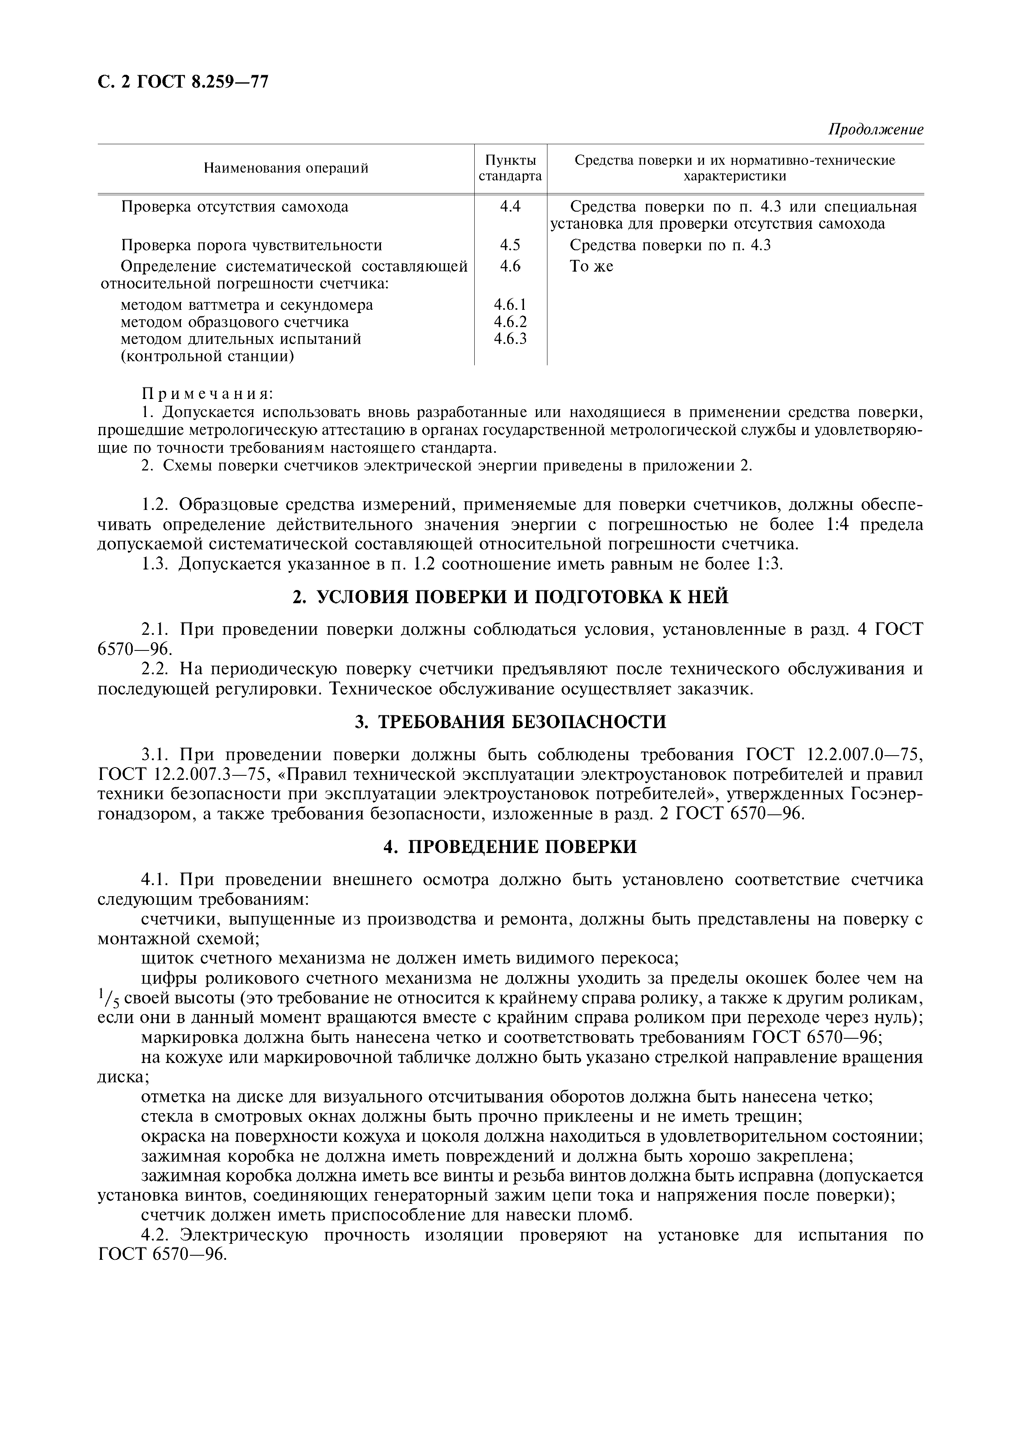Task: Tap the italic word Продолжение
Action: pyautogui.click(x=875, y=130)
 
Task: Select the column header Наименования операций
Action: pyautogui.click(x=286, y=168)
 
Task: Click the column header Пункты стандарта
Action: pyautogui.click(x=510, y=168)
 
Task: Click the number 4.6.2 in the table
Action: pyautogui.click(x=510, y=322)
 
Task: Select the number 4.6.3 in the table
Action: pyautogui.click(x=510, y=339)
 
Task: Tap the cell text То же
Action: pyautogui.click(x=591, y=267)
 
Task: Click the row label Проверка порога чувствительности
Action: pyautogui.click(x=251, y=245)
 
